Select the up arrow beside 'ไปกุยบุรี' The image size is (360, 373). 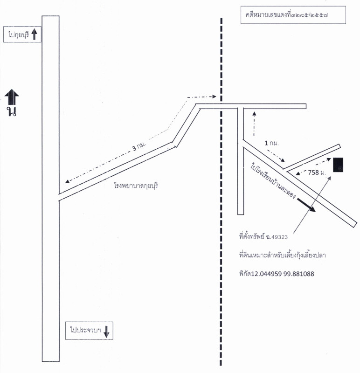click(x=34, y=34)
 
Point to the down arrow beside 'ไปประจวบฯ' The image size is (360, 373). click(x=106, y=331)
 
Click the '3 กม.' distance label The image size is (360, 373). click(x=139, y=146)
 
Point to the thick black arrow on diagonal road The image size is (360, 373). click(x=305, y=205)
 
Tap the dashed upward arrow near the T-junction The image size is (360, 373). click(x=254, y=123)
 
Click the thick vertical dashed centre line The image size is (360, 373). click(x=221, y=233)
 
